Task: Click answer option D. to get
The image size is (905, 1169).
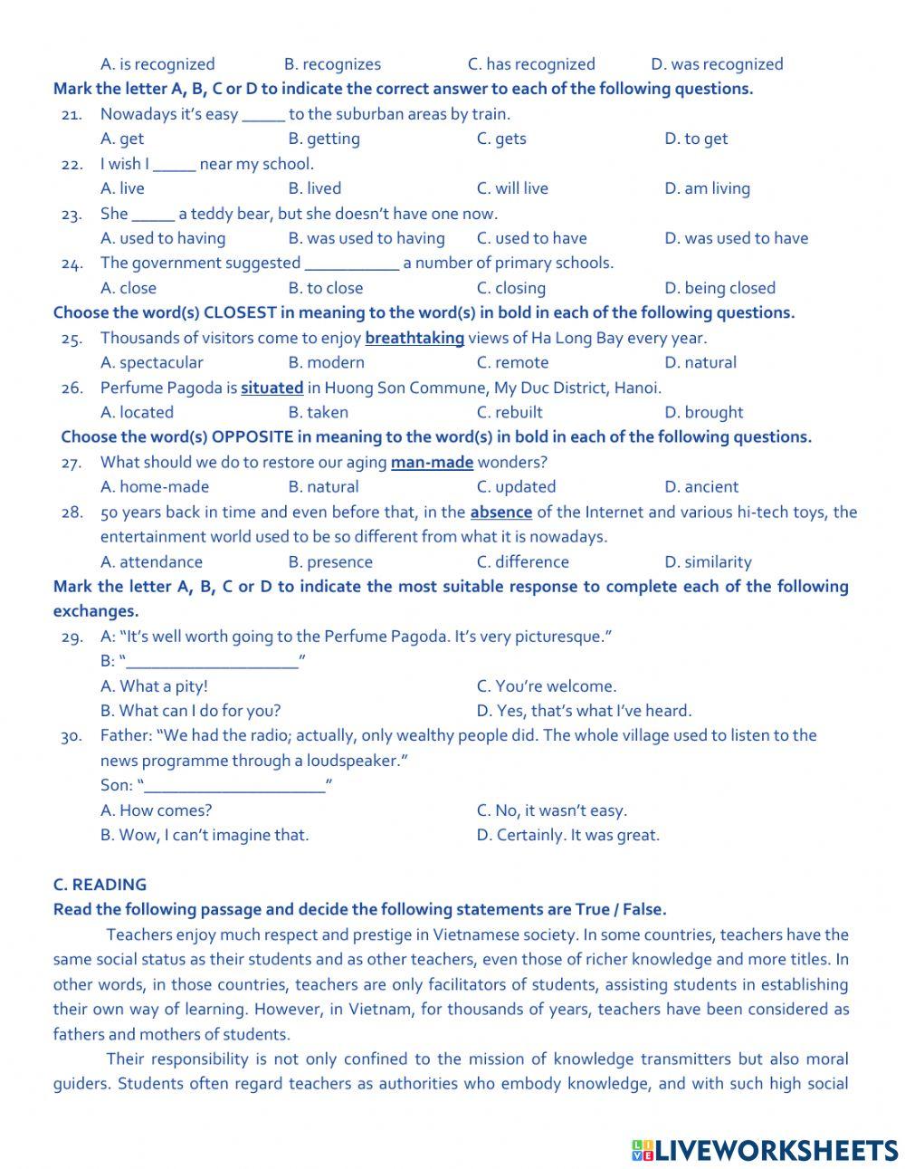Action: click(x=695, y=139)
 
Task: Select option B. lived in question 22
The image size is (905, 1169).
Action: click(x=314, y=188)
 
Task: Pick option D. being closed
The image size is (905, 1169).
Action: click(x=719, y=288)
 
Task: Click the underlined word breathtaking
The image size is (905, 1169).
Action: click(x=414, y=338)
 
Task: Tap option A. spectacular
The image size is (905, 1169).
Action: click(x=151, y=362)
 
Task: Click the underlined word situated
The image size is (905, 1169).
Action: click(x=271, y=388)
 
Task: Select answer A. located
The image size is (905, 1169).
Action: click(x=137, y=412)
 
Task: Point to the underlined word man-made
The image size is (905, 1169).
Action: click(x=432, y=462)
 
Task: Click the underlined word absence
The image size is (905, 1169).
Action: click(x=500, y=512)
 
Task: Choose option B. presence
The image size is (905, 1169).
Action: click(x=330, y=561)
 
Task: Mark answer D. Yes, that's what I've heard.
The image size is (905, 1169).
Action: click(x=584, y=711)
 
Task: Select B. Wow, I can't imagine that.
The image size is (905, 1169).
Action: click(x=205, y=835)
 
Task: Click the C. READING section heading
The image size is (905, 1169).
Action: click(x=100, y=885)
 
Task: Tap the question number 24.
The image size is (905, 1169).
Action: click(x=72, y=264)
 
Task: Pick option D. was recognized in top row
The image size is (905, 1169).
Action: click(x=717, y=64)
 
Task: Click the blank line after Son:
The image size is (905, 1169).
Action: click(x=235, y=785)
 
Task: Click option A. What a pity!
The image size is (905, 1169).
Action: click(x=154, y=686)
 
